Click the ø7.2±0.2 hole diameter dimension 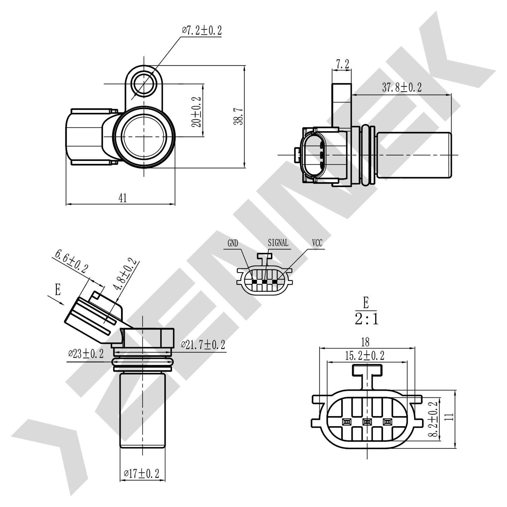pos(202,30)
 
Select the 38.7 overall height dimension pos(239,117)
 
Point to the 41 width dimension pos(123,198)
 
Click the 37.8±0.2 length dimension pos(402,88)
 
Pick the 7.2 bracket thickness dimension pos(342,64)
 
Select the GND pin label pos(233,243)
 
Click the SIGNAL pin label pos(278,243)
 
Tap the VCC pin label pos(317,243)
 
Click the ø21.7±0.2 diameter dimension pos(203,345)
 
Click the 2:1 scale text pos(366,319)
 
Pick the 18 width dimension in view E pos(365,342)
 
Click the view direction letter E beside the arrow pos(58,290)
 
